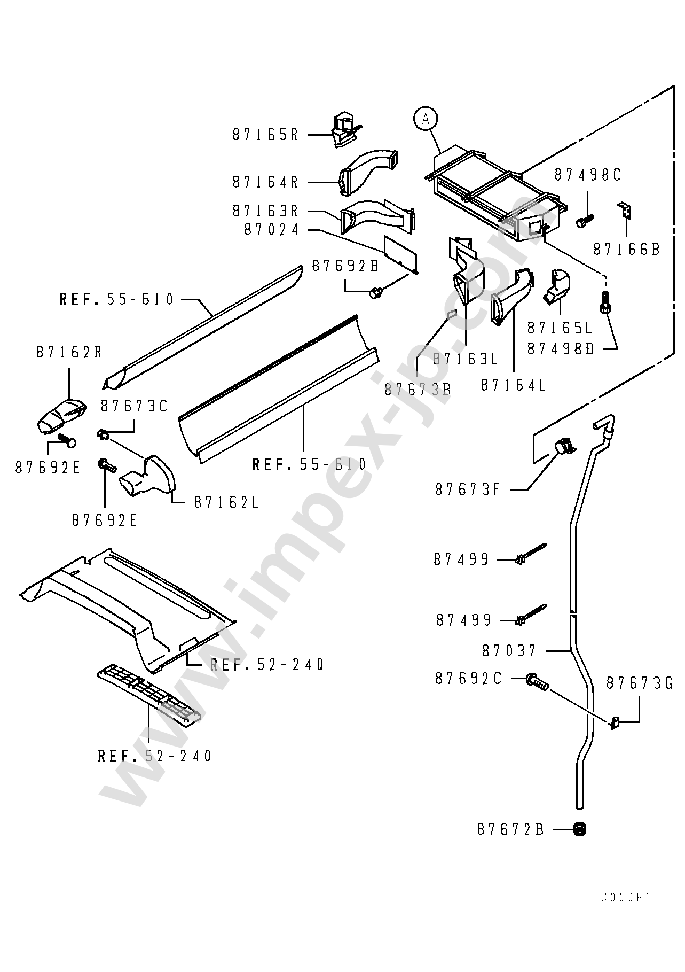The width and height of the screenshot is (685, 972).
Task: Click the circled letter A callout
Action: (x=426, y=119)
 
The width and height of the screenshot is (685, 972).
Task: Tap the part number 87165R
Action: (x=265, y=135)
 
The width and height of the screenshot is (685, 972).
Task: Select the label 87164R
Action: (x=265, y=182)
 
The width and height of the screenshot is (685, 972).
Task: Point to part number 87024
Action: (x=272, y=229)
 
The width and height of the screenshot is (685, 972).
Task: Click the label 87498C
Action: (x=588, y=175)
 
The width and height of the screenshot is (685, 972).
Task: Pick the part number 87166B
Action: (x=627, y=249)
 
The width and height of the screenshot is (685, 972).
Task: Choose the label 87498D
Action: (x=561, y=348)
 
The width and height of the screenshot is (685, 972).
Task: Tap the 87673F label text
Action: (x=468, y=489)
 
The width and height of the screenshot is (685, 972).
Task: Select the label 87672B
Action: (x=510, y=829)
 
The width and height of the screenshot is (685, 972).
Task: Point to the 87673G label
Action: (x=640, y=683)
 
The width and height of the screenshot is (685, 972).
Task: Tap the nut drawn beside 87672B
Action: (x=579, y=829)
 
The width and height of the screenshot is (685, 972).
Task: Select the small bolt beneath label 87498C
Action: (x=585, y=220)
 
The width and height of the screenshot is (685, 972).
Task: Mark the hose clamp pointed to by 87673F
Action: (x=563, y=446)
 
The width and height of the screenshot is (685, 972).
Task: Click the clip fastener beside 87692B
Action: (x=377, y=292)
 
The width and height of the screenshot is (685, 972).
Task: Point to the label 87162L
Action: (x=226, y=502)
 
